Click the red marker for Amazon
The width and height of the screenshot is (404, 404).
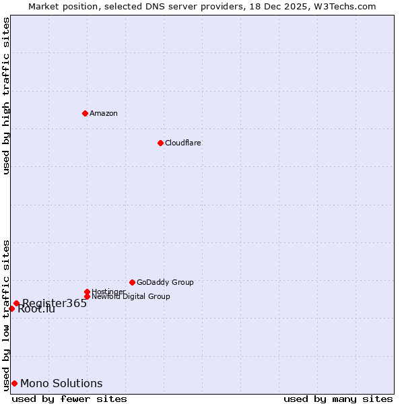click(85, 113)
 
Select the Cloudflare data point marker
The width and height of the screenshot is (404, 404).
click(160, 143)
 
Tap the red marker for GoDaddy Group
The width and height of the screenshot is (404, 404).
click(132, 282)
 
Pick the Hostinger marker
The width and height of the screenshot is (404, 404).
click(87, 292)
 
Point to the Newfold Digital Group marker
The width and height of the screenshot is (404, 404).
click(87, 296)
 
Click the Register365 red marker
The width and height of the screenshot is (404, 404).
click(16, 303)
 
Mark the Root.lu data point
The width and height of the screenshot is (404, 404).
click(11, 308)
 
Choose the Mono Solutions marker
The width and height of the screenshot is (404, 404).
click(14, 383)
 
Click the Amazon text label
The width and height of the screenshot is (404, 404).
click(104, 113)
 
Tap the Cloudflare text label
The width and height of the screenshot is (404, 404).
click(183, 143)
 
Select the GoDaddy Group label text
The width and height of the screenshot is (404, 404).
click(165, 282)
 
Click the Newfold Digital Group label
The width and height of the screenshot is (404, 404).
click(131, 296)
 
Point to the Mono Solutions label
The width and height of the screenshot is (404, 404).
click(61, 383)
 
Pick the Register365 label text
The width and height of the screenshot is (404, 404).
click(55, 303)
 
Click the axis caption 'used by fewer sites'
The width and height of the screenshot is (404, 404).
click(69, 399)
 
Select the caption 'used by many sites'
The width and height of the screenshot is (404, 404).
click(338, 399)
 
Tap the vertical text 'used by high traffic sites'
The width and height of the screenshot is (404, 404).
click(6, 96)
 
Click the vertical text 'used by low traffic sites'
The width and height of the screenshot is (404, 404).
click(6, 314)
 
